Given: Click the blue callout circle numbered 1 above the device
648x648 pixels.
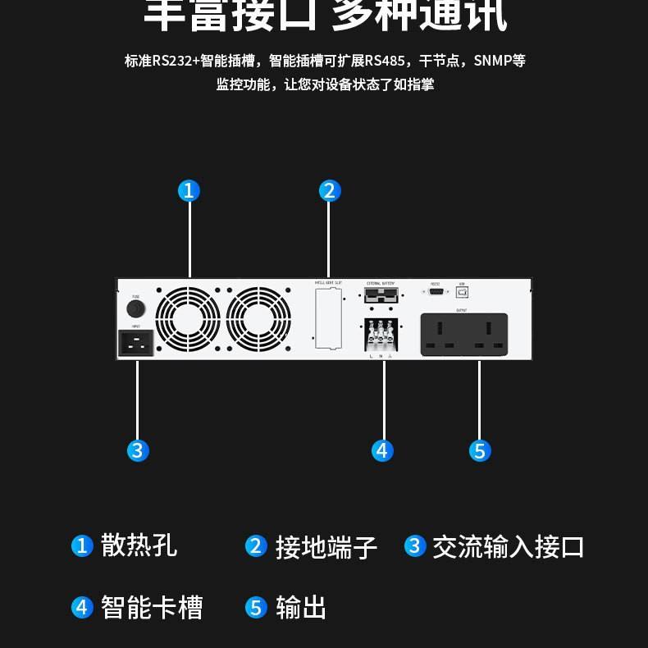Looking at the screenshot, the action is (x=189, y=191).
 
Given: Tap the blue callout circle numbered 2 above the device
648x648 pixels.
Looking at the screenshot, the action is (x=329, y=191).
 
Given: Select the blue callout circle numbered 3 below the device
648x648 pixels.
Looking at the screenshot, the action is (x=137, y=450).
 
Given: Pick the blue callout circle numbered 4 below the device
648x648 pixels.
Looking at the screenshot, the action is (x=382, y=450).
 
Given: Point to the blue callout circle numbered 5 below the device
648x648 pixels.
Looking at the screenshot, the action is (x=480, y=450).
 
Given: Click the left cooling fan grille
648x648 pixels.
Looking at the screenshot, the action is (x=188, y=318).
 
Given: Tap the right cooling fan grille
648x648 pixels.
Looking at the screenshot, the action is (x=258, y=318).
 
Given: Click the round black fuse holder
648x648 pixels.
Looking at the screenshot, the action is (x=135, y=308).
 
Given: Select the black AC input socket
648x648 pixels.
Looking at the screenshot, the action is (x=136, y=342).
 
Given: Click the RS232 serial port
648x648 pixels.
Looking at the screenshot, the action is (x=436, y=291).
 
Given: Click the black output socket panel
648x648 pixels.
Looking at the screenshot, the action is (x=464, y=335).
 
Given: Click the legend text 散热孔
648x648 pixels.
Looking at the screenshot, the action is (x=139, y=545).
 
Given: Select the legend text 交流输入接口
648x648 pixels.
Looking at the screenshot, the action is (x=508, y=546).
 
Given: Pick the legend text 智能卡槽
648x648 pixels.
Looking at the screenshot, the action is (x=151, y=608).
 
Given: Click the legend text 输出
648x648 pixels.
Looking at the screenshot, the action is (x=301, y=608).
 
